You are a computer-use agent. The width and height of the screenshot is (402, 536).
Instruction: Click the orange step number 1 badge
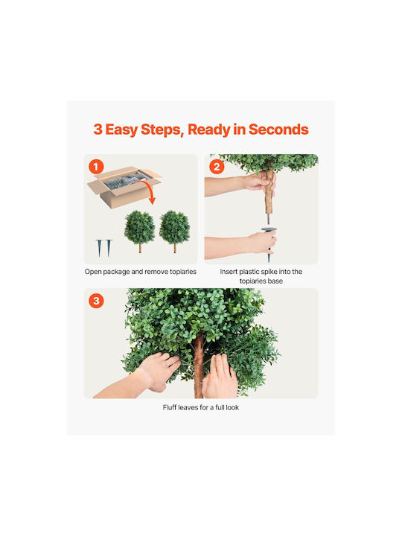click(96, 167)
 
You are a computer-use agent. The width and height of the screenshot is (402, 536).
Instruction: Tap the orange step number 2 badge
click(217, 167)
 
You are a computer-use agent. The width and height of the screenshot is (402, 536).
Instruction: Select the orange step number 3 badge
click(96, 301)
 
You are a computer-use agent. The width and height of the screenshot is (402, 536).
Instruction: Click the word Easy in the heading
click(121, 130)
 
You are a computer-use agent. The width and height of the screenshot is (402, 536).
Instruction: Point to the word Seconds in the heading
click(278, 130)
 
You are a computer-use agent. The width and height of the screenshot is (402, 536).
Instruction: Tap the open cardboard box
click(124, 186)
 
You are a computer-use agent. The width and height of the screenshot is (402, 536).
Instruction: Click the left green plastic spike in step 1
click(99, 248)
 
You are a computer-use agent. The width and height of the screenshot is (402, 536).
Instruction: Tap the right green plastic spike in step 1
click(109, 248)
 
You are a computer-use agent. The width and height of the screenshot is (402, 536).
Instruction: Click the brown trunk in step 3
click(199, 366)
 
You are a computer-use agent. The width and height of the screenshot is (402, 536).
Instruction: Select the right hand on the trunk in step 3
click(220, 377)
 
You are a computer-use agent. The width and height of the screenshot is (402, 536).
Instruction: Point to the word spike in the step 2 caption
click(269, 272)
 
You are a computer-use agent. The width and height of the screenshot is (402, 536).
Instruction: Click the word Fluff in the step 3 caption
click(170, 407)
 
